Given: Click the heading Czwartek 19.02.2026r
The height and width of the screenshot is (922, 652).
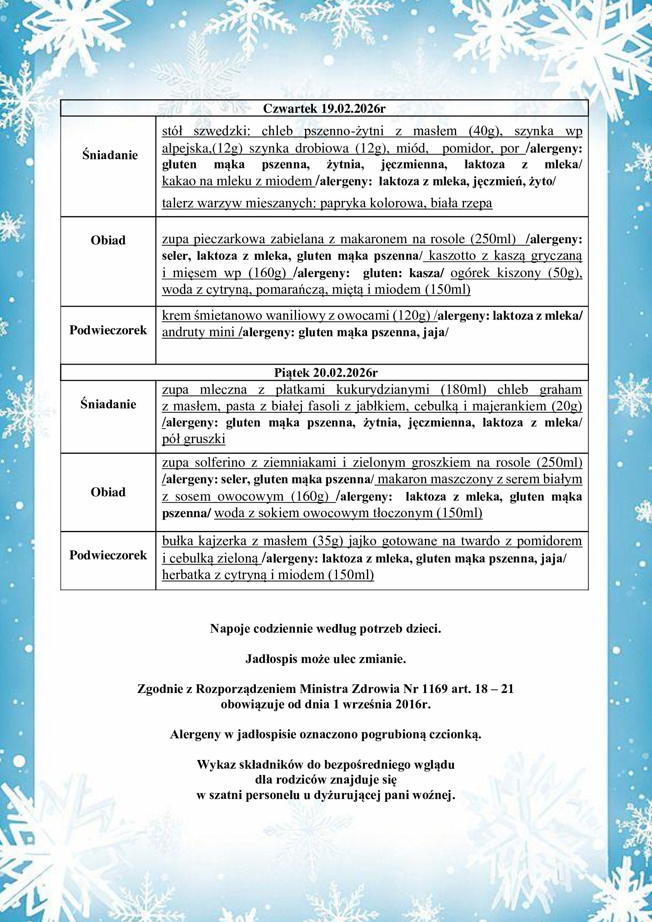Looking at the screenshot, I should (324, 109).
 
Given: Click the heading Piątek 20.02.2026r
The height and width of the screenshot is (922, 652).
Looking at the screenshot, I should (326, 373).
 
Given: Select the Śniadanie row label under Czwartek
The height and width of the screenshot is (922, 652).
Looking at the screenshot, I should (110, 155).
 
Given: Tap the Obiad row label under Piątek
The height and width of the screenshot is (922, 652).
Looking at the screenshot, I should (108, 492).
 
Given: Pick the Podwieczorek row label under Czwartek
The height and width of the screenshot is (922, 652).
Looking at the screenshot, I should (108, 330).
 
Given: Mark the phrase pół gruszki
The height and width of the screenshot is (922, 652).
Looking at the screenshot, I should (194, 439).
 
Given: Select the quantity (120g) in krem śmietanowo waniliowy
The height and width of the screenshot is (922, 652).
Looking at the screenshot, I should (412, 316).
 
